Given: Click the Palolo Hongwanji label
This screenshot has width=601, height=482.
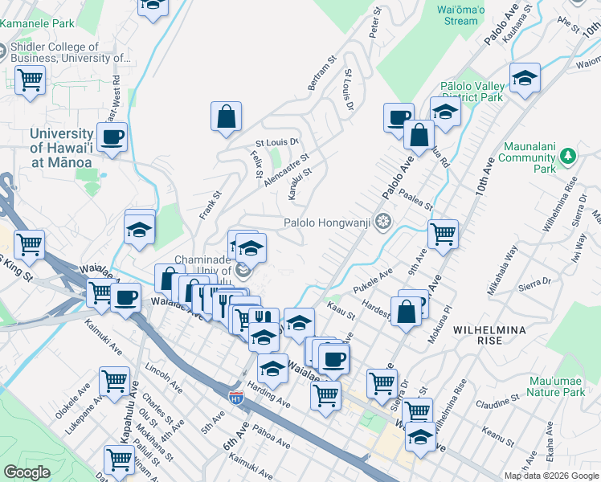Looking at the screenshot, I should click(328, 222).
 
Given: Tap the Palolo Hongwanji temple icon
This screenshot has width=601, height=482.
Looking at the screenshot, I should click(384, 221).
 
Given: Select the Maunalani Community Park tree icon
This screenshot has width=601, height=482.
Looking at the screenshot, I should click(568, 155).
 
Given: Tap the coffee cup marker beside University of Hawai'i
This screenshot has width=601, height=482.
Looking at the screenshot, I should click(112, 136).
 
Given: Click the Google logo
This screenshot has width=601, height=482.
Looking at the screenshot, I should click(27, 472).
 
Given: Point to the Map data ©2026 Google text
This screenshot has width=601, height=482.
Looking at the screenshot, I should click(551, 476).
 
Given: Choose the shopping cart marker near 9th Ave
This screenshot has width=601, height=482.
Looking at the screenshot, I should click(443, 234).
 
